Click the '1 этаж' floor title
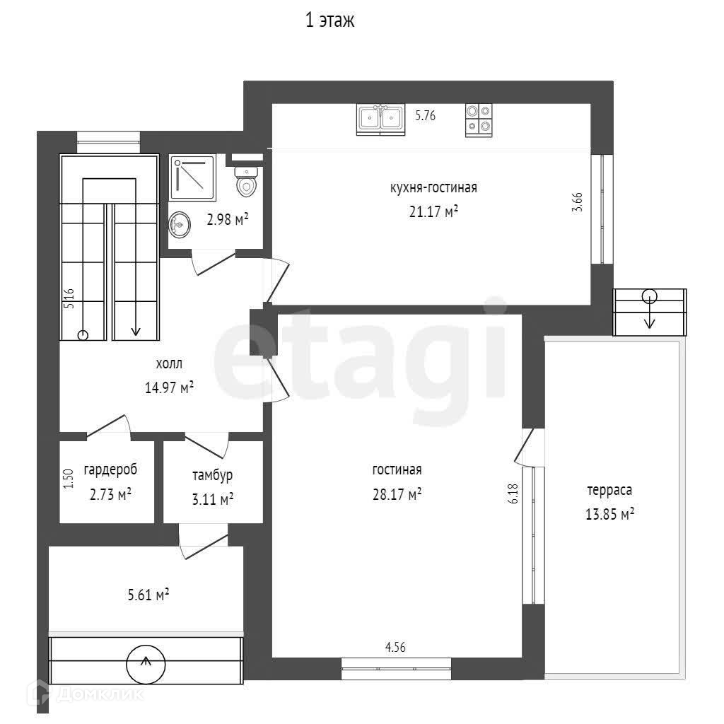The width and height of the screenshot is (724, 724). [x=329, y=21]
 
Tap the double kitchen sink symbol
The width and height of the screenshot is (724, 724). [x=380, y=119]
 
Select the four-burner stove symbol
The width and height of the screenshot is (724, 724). [x=479, y=119]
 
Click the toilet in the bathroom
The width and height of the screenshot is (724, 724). [x=246, y=182]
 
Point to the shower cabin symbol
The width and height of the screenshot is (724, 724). [x=192, y=178]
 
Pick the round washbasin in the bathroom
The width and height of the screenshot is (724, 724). [x=180, y=225]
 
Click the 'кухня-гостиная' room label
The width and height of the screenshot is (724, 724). [x=433, y=188]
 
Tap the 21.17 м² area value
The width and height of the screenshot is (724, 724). [x=433, y=212]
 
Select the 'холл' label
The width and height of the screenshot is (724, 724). [x=169, y=364]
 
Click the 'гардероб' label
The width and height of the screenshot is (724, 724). [x=110, y=470]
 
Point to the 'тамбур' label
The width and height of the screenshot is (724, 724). [x=212, y=475]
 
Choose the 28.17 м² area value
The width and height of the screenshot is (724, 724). [x=397, y=494]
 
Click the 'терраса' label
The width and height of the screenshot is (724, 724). [x=609, y=490]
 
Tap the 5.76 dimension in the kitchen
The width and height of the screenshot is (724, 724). [x=425, y=115]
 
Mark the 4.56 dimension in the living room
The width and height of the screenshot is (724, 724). [x=395, y=648]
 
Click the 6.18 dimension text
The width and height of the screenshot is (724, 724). [x=513, y=494]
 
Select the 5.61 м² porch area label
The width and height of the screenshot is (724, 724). [x=148, y=595]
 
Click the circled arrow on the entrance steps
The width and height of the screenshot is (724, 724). [x=146, y=664]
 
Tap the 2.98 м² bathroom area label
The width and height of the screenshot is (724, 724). [x=228, y=219]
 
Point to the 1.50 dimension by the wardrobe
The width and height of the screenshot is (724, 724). [x=69, y=479]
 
